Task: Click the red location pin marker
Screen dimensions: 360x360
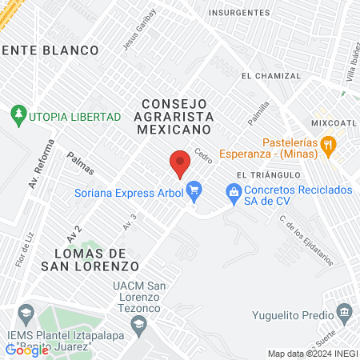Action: coord(181,162)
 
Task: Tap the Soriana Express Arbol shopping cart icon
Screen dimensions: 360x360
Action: coord(193,190)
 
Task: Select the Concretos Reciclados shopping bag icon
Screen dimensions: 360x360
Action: coord(233,190)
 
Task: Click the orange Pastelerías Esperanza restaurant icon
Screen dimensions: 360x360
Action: coord(328,145)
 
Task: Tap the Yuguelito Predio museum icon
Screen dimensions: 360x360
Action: coord(345,310)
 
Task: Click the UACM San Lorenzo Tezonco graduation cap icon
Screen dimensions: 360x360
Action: coord(138,323)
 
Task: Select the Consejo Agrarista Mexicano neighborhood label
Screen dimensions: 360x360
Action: coord(174,116)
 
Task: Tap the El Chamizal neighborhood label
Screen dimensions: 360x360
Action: coord(270,76)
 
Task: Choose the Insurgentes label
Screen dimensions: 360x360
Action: coord(239,13)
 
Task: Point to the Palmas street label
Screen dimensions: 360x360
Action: coord(81,164)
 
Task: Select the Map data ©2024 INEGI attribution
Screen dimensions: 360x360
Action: coord(312,354)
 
